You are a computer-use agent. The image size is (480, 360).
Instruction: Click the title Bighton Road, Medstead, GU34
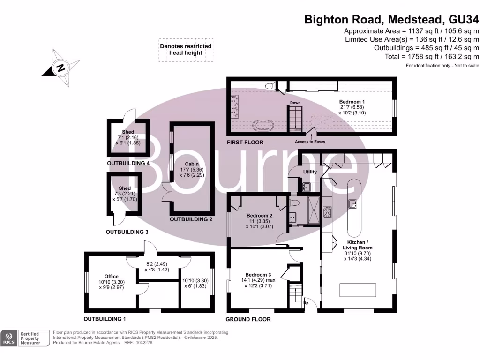[391, 20]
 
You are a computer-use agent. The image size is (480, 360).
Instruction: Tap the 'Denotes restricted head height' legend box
[186, 50]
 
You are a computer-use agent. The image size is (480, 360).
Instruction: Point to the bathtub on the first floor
[263, 125]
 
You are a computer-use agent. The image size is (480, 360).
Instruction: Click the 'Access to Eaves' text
[310, 142]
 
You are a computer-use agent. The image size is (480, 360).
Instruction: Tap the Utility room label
[310, 172]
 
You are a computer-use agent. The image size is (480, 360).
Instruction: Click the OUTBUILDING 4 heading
[128, 163]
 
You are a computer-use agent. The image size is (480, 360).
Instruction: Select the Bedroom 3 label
[258, 275]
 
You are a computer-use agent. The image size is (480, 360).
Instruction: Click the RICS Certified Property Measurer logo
[26, 337]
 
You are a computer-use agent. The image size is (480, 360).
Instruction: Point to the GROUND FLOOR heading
[248, 319]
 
